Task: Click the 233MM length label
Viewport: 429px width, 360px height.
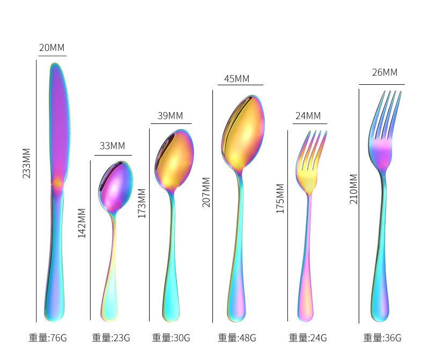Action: click(x=26, y=163)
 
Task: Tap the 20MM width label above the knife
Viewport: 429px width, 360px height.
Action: click(x=51, y=48)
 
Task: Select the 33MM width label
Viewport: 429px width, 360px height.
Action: click(x=113, y=145)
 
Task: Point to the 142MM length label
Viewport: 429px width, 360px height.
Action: click(x=82, y=223)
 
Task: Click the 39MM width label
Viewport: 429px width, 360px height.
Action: click(x=170, y=115)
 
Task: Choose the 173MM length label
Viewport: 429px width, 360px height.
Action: click(x=142, y=203)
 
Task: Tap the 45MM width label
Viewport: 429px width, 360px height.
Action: click(x=237, y=79)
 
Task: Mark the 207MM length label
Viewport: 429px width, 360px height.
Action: click(x=206, y=192)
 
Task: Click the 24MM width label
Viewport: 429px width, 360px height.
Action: click(x=308, y=116)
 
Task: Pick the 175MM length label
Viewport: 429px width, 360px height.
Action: click(x=280, y=199)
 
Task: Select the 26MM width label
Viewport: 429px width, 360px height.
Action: click(x=384, y=72)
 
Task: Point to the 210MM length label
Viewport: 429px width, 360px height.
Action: click(x=353, y=189)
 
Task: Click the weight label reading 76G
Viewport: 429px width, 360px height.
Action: click(x=48, y=337)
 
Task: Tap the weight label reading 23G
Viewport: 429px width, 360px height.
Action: click(x=111, y=337)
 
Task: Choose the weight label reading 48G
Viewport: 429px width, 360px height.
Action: click(x=237, y=337)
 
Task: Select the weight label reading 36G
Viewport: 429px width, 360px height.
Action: click(x=382, y=337)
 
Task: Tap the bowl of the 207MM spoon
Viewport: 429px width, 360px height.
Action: click(x=243, y=133)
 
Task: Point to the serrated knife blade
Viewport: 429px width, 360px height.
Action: click(x=60, y=123)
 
